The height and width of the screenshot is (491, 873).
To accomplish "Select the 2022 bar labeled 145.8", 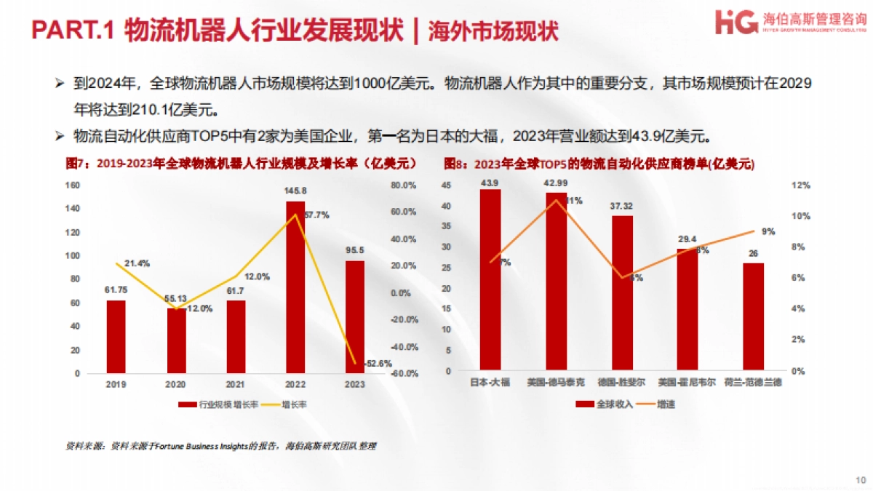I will click(x=295, y=287).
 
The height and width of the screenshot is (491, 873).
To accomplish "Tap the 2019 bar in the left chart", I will click(x=116, y=336).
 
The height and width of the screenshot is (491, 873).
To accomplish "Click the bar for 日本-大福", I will click(x=490, y=279).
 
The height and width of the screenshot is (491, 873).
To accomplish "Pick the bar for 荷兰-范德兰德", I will click(x=753, y=316).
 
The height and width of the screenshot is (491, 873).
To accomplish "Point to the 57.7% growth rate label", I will click(x=317, y=215).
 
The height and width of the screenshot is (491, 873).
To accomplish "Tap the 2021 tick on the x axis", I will click(x=236, y=383).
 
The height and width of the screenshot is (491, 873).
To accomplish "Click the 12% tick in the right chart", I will click(x=801, y=185).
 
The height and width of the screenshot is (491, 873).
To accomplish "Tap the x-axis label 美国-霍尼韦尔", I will click(x=687, y=383).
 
